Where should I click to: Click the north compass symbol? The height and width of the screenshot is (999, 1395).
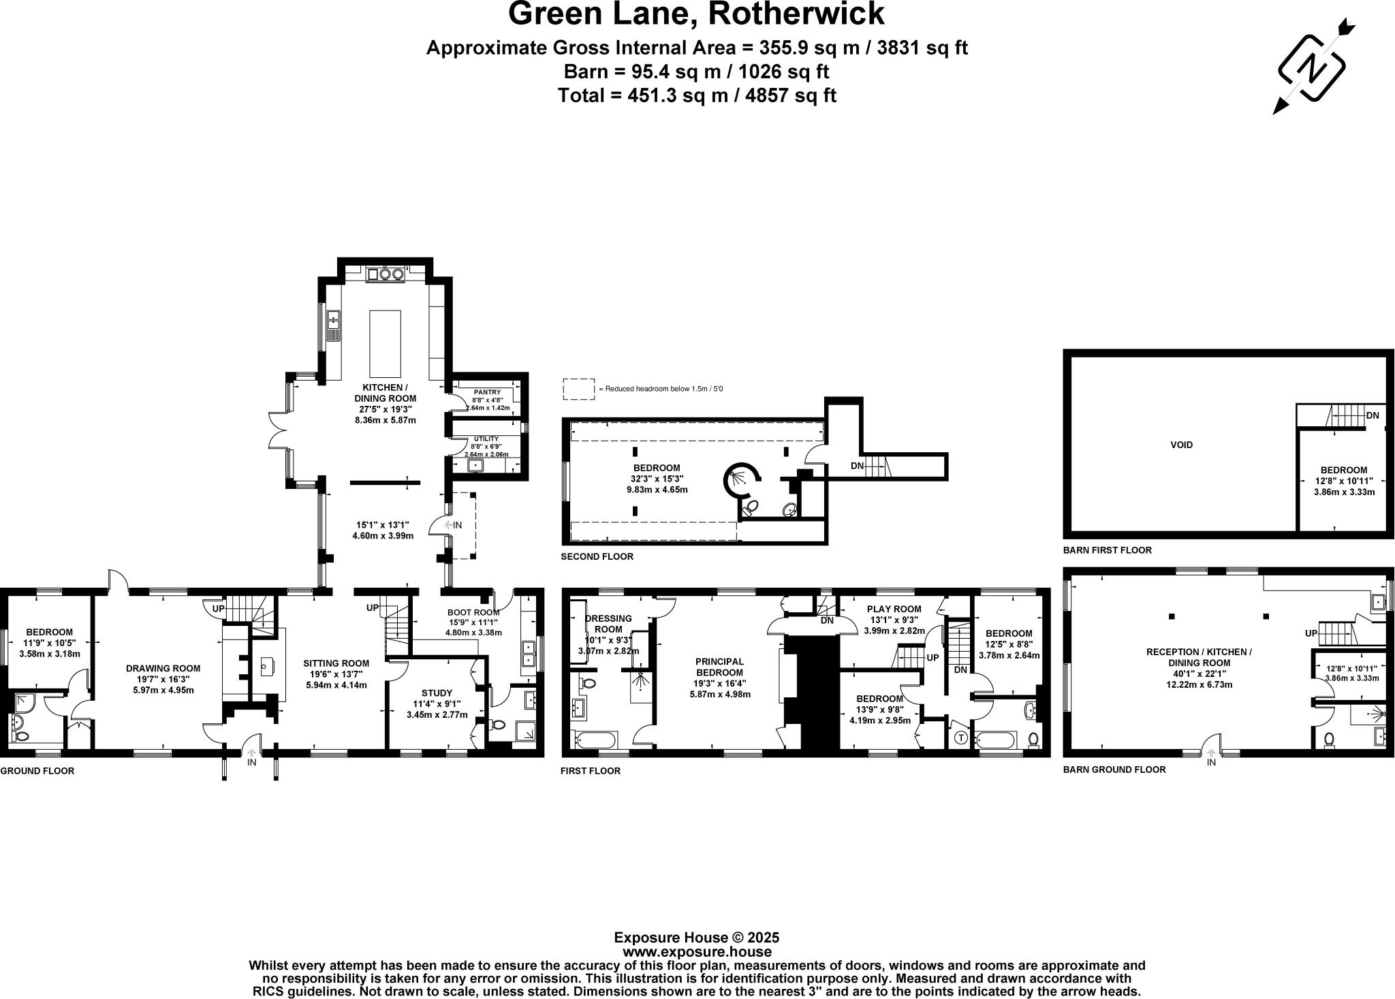[x=1311, y=68]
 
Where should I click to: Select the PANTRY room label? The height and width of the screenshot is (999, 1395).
[x=487, y=392]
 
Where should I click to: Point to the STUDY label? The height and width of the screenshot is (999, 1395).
[x=437, y=693]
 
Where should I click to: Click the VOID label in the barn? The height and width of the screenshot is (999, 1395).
[x=1181, y=445]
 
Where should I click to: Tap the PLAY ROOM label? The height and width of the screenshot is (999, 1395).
[x=894, y=609]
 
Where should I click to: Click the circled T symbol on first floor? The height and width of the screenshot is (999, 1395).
[x=961, y=737]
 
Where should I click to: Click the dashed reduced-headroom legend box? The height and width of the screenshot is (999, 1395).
[x=578, y=389]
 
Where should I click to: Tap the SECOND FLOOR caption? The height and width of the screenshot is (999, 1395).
[x=597, y=556]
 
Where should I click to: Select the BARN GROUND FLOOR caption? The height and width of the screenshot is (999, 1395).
[x=1114, y=770]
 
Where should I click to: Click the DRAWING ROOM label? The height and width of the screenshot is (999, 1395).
[x=163, y=668]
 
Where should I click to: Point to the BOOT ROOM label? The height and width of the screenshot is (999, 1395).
[x=473, y=612]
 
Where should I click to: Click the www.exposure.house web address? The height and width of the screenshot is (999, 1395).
[x=697, y=952]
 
